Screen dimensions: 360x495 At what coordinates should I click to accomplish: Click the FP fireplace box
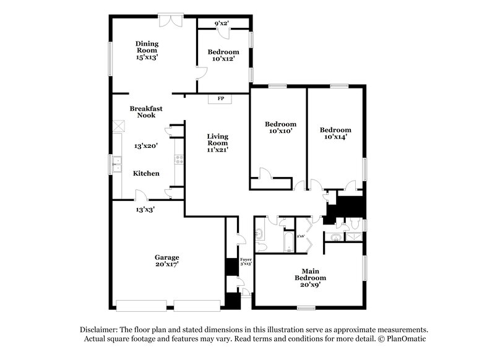(220, 98)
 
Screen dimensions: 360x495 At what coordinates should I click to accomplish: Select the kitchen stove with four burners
(178, 158)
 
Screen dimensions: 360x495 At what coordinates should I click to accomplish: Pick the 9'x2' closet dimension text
(222, 24)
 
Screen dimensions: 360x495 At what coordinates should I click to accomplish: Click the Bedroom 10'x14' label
(335, 134)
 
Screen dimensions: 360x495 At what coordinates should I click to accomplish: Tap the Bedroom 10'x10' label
(276, 127)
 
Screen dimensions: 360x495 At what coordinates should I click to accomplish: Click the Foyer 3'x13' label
(246, 261)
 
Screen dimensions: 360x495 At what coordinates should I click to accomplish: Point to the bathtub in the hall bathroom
(290, 242)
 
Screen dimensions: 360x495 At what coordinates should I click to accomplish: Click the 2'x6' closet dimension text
(301, 236)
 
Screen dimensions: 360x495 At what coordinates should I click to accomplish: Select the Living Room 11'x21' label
(217, 142)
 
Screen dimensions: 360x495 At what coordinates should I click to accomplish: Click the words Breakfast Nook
(146, 112)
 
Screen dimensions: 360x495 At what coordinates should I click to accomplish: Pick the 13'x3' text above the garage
(145, 209)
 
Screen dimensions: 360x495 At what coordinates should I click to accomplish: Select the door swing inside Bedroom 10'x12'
(200, 72)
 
